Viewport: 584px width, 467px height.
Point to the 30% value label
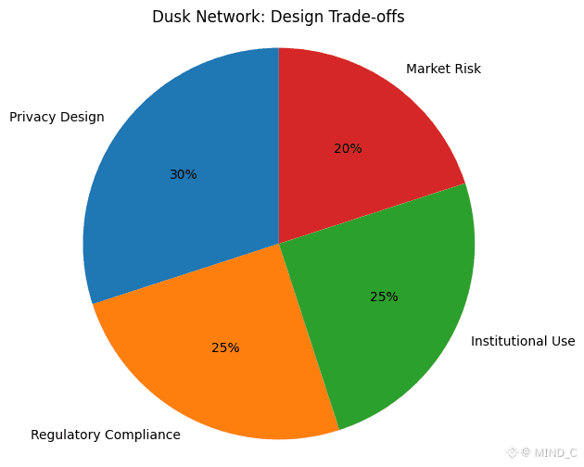[x=183, y=174]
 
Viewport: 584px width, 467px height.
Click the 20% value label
[x=348, y=148]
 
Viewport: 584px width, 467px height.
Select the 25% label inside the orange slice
[x=225, y=347]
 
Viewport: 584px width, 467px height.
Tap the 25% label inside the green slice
[x=384, y=297]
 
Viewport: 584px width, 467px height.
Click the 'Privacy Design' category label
[x=57, y=117]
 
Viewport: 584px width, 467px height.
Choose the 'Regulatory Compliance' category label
[x=106, y=435]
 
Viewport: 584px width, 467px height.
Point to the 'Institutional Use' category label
[x=523, y=341]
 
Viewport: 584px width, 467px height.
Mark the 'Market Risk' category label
[x=443, y=69]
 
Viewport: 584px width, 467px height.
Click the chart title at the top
[x=278, y=17]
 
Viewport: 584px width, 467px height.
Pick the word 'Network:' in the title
[x=224, y=17]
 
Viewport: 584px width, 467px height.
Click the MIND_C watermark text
[x=554, y=453]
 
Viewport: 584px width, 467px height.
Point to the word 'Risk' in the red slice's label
[x=467, y=69]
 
